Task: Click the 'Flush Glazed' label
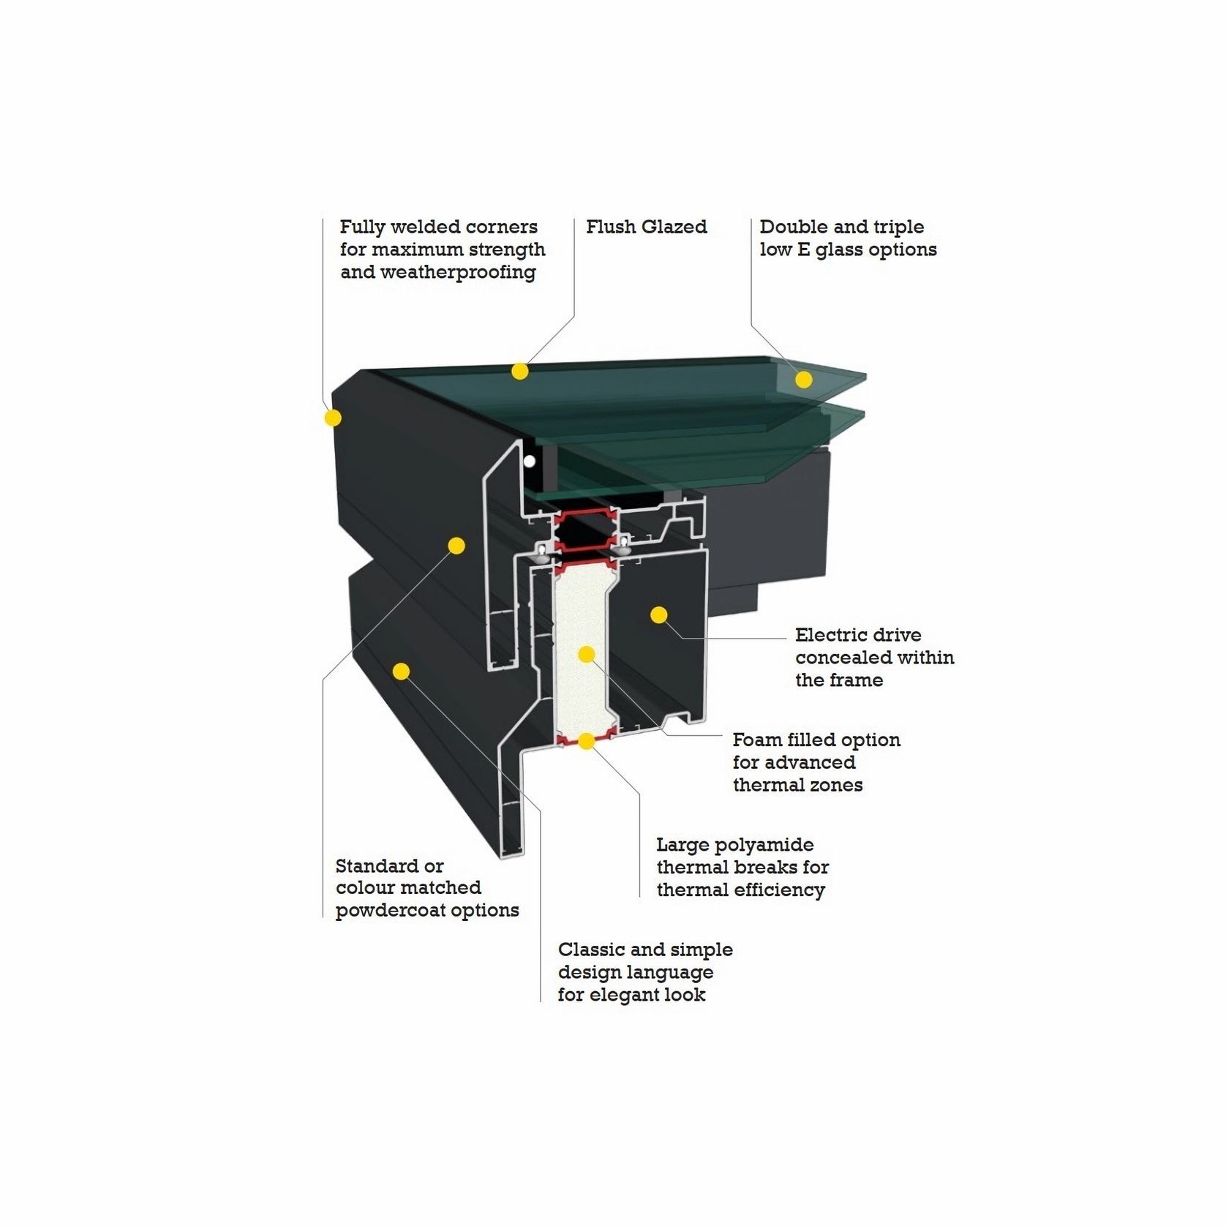(x=647, y=227)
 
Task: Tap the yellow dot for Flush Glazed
(x=519, y=372)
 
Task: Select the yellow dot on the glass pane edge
(x=804, y=379)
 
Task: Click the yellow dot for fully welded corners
(x=333, y=418)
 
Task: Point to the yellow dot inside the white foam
(x=587, y=654)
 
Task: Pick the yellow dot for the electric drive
(x=659, y=614)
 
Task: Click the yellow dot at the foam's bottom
(x=586, y=742)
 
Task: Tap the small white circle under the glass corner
(x=528, y=462)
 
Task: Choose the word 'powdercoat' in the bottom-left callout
(x=390, y=911)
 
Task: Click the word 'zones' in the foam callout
(x=838, y=785)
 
